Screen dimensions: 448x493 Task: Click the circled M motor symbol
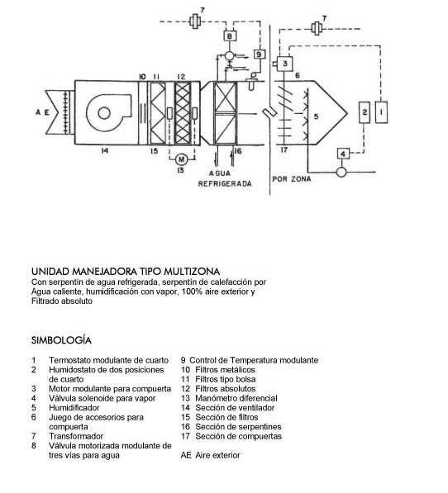(181, 159)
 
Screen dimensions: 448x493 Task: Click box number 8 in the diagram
(229, 36)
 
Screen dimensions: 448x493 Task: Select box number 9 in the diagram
(260, 55)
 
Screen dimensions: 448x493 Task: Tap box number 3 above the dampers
(284, 64)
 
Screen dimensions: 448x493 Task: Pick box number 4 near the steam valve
(343, 154)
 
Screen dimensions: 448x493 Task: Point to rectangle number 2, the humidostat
(365, 112)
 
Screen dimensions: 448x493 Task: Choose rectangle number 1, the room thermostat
(382, 112)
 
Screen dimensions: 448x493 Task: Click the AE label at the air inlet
(42, 112)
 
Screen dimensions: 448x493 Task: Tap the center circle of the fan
(104, 113)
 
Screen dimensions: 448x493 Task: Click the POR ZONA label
(292, 179)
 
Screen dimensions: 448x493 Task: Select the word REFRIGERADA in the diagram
(225, 183)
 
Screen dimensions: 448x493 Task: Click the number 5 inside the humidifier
(317, 116)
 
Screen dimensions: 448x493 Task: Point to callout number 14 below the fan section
(105, 151)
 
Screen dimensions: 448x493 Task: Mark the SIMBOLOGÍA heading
(61, 340)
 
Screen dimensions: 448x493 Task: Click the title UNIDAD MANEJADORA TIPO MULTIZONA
(126, 272)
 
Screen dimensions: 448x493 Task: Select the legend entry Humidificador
(74, 408)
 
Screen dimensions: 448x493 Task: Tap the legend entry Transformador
(76, 436)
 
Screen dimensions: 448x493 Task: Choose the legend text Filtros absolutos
(226, 389)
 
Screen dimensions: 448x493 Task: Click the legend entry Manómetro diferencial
(236, 398)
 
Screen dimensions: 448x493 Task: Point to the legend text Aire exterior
(217, 455)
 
